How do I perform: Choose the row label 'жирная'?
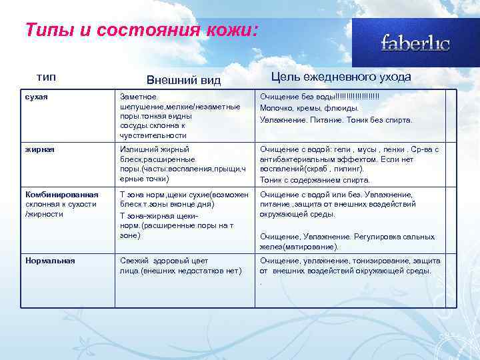tap(39, 149)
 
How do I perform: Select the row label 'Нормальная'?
tap(49, 261)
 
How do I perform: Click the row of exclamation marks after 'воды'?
tap(353, 97)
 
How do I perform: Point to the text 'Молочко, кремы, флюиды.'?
tap(309, 107)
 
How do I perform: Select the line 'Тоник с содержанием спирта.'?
tap(315, 179)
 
